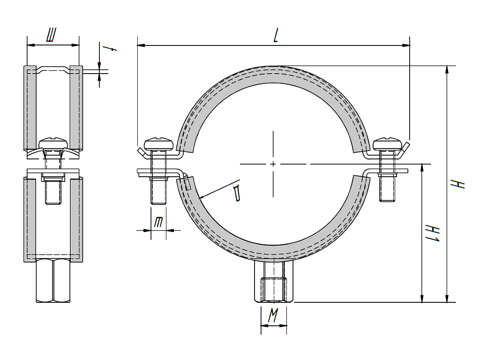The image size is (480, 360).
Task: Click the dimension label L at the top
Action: pos(276,36)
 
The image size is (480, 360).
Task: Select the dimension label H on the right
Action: pos(461,183)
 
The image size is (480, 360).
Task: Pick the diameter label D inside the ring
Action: pos(238,193)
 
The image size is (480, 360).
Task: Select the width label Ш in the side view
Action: pos(52,36)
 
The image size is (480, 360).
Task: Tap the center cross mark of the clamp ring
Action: pos(273,164)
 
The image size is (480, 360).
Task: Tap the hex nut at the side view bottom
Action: pos(53,281)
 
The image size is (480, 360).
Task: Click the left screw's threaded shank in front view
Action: pos(157,191)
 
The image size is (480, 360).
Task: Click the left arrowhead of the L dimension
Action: pos(140,45)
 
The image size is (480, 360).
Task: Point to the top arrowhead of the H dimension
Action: pos(448,69)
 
